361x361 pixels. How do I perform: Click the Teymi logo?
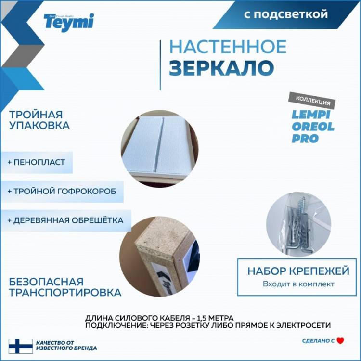(x=69, y=22)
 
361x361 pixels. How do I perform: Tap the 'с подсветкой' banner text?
(x=286, y=14)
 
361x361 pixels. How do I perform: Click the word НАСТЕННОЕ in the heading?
(x=228, y=47)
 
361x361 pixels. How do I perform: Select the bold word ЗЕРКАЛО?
(x=222, y=68)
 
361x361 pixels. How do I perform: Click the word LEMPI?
(x=311, y=115)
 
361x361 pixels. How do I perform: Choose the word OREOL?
(x=313, y=127)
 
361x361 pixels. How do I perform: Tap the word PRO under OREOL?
(x=305, y=139)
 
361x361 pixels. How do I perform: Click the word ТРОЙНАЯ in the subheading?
(x=36, y=115)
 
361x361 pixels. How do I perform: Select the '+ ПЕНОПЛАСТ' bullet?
(x=36, y=162)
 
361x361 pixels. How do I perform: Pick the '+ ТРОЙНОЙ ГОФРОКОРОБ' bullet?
(x=62, y=191)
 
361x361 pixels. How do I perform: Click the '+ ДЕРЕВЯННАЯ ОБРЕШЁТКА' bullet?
(x=65, y=220)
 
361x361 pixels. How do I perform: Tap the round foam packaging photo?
(x=159, y=149)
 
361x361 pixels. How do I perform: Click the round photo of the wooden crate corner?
(x=159, y=256)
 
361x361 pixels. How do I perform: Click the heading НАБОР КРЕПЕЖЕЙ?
(x=298, y=271)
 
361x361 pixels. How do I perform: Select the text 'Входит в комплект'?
(x=298, y=284)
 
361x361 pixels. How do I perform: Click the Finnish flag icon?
(x=21, y=346)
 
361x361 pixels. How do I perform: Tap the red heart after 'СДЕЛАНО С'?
(x=340, y=341)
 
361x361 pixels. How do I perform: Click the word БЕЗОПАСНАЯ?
(x=46, y=282)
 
